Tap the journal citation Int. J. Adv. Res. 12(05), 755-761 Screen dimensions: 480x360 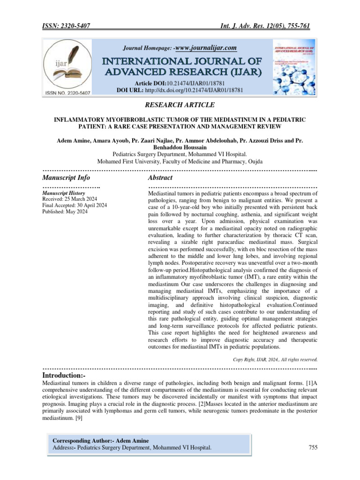(266, 26)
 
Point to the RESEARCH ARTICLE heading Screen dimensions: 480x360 (180, 105)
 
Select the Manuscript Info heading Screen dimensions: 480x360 (66, 178)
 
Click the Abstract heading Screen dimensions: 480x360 (160, 178)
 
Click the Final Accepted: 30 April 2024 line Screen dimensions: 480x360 (75, 205)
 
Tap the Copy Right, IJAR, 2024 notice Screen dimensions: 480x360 (276, 360)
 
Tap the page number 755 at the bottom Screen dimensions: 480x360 (313, 448)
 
